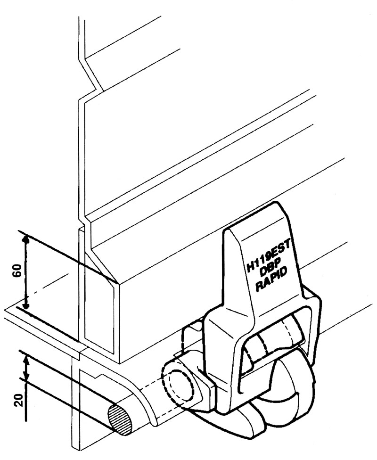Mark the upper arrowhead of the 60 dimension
(x=26, y=240)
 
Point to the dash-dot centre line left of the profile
(x=52, y=287)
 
